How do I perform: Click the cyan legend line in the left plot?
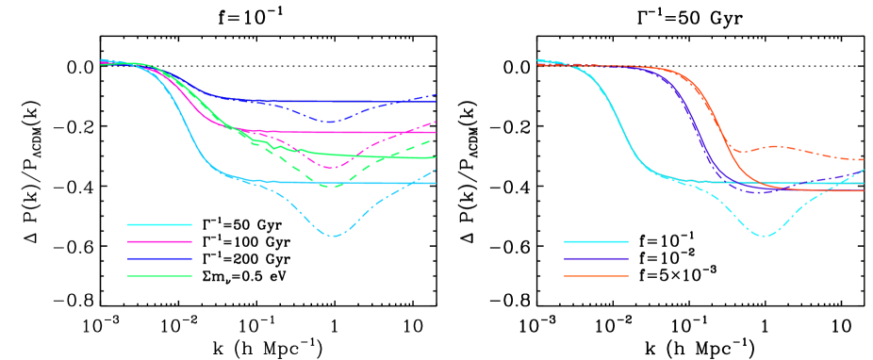[x=159, y=224]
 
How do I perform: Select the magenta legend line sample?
[x=159, y=241]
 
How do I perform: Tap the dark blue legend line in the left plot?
[x=159, y=258]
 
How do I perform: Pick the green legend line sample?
[x=159, y=276]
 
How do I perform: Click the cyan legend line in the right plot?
[x=596, y=241]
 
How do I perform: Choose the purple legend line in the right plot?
[x=596, y=258]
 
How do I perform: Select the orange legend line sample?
[x=596, y=276]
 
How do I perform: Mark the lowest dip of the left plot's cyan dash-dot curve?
[x=333, y=236]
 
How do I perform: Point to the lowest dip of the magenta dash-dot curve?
[x=331, y=168]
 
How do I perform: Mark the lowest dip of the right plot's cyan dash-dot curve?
[x=764, y=236]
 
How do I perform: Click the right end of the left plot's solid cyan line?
[x=436, y=183]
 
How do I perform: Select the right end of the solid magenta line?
[x=436, y=132]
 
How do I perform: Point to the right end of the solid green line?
[x=436, y=157]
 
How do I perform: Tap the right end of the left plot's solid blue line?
[x=436, y=102]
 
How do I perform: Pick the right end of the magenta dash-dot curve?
[x=436, y=122]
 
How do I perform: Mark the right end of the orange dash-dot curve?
[x=864, y=160]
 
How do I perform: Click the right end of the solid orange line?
[x=864, y=190]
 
